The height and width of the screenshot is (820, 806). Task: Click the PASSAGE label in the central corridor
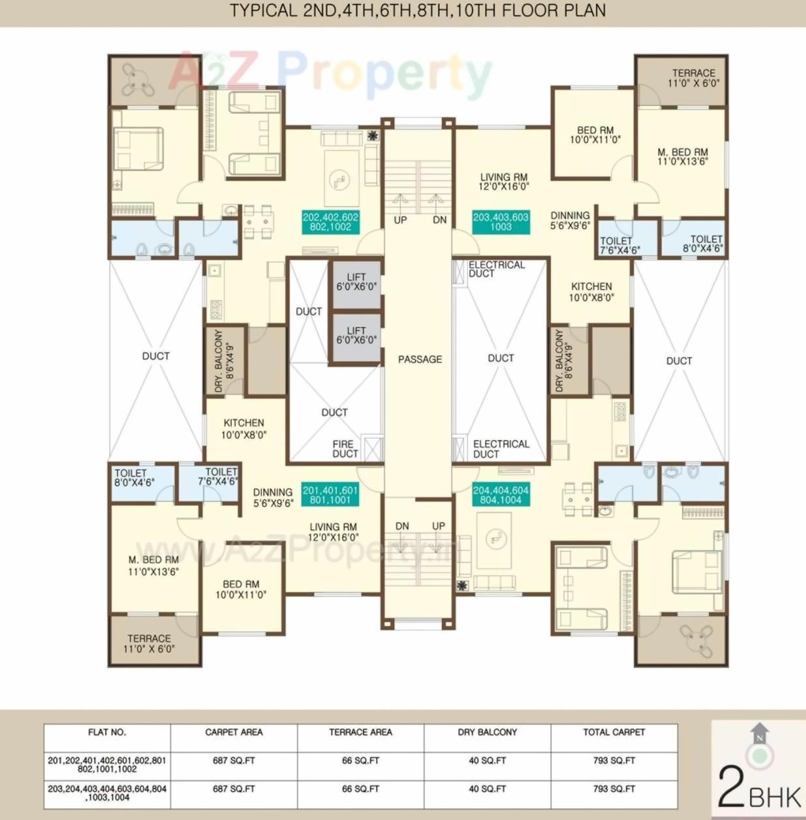click(420, 359)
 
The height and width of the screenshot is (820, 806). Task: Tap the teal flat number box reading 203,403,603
click(500, 222)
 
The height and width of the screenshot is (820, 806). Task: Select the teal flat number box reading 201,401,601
click(330, 495)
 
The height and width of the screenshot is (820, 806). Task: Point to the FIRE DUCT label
click(345, 449)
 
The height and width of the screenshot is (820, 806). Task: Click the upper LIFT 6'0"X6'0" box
click(356, 282)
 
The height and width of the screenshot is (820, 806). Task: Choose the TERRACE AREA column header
click(360, 732)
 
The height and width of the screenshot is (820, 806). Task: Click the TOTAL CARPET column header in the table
click(614, 732)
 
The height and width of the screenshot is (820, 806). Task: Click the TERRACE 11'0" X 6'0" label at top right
click(693, 78)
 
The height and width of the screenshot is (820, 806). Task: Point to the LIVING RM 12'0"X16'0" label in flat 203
click(504, 182)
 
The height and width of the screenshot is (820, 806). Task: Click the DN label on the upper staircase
click(440, 220)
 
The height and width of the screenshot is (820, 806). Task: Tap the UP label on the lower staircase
click(439, 526)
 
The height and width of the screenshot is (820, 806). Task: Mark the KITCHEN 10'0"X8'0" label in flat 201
click(244, 429)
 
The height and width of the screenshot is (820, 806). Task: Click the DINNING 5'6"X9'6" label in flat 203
click(570, 220)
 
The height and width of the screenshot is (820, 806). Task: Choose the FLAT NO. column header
click(107, 732)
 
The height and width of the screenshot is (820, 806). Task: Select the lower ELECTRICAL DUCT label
click(500, 449)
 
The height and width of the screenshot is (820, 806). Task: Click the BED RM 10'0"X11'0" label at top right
click(595, 135)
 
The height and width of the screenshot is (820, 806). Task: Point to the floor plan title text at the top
click(418, 10)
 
